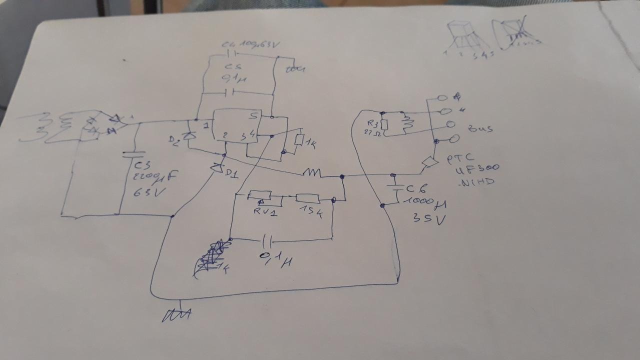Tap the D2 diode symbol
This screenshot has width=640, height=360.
(188, 135)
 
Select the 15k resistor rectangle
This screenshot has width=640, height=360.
(304, 198)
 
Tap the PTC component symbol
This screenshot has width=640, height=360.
(428, 163)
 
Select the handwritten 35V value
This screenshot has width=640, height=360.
(428, 218)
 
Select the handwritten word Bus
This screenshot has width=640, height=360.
(479, 128)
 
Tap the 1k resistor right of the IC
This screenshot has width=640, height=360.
(299, 140)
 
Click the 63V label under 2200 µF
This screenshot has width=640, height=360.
(145, 192)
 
